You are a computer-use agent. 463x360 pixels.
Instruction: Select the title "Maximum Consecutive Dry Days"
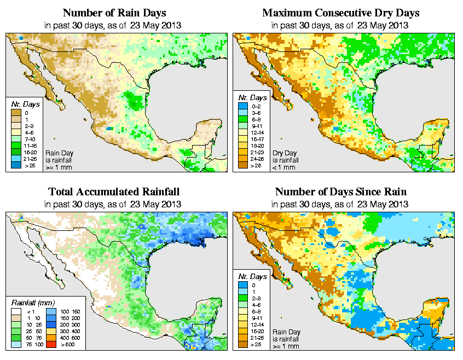(x=341, y=13)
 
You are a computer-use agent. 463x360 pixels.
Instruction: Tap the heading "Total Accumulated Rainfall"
(x=114, y=192)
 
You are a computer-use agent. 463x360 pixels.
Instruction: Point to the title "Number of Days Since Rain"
(x=341, y=192)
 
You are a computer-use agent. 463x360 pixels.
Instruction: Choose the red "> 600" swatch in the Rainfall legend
(x=48, y=345)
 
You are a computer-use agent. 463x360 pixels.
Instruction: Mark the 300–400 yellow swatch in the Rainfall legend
(x=48, y=332)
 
